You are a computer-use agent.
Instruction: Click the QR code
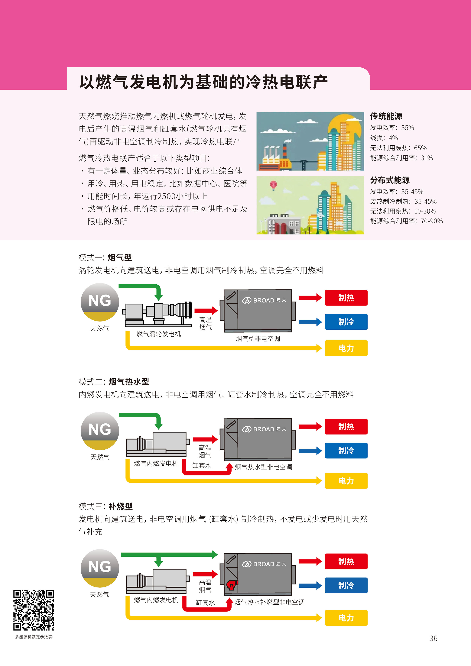[x=34, y=610]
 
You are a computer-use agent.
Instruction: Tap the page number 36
[x=433, y=638]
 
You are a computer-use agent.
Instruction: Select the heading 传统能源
[x=386, y=116]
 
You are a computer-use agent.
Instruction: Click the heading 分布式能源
[x=390, y=180]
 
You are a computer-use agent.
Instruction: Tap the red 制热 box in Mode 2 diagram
[x=346, y=426]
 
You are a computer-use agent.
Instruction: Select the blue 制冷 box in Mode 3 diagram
[x=346, y=585]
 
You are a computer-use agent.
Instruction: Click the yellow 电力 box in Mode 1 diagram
[x=346, y=348]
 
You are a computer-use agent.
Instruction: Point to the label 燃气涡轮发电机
[x=158, y=334]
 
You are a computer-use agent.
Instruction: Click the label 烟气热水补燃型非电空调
[x=269, y=602]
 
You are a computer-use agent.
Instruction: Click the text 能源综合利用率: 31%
[x=401, y=158]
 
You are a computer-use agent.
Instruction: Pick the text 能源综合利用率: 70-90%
[x=406, y=221]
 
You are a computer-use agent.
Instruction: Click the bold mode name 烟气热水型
[x=128, y=382]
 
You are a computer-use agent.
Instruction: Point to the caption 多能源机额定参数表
[x=34, y=637]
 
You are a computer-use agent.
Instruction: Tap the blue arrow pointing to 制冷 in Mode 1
[x=310, y=322]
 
